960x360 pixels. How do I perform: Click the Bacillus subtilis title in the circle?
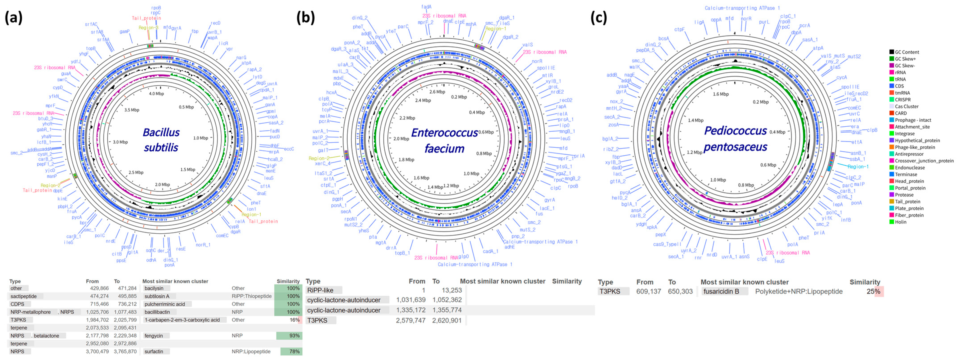pyautogui.click(x=161, y=140)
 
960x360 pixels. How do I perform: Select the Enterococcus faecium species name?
pyautogui.click(x=444, y=140)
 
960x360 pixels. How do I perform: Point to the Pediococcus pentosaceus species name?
pyautogui.click(x=735, y=139)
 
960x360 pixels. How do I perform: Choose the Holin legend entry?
pyautogui.click(x=900, y=222)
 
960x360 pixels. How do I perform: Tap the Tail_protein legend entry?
pyautogui.click(x=907, y=202)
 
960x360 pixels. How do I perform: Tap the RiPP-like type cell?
pyautogui.click(x=320, y=290)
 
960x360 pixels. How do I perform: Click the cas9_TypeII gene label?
pyautogui.click(x=667, y=245)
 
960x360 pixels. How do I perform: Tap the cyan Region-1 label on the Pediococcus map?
pyautogui.click(x=857, y=167)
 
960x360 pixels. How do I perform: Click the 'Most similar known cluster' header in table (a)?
pyautogui.click(x=175, y=281)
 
